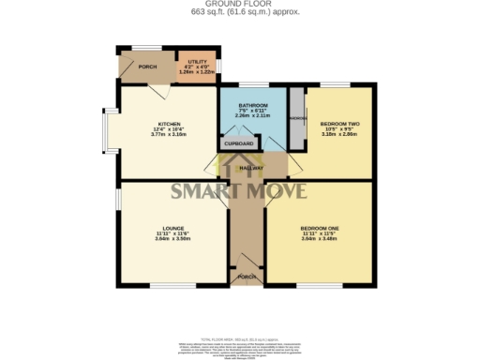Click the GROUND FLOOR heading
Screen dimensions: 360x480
[x=240, y=5]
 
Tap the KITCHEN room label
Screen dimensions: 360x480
[x=169, y=124]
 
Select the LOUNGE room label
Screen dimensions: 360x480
[x=172, y=227]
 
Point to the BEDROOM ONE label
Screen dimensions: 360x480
[x=318, y=227]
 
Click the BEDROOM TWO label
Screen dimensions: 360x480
[x=338, y=124]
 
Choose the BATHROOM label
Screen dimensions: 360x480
[x=253, y=105]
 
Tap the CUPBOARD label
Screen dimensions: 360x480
[x=238, y=144]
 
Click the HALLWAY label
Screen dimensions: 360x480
[x=249, y=168]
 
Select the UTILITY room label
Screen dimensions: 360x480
[x=198, y=61]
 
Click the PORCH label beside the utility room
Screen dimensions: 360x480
[x=148, y=67]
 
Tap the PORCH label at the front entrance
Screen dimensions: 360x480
[x=247, y=277]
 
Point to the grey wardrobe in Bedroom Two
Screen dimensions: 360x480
[x=297, y=118]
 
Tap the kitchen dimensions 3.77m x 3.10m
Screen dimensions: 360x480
[x=169, y=135]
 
